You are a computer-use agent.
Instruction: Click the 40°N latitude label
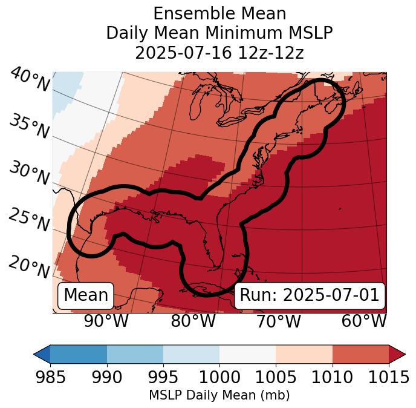point(30,80)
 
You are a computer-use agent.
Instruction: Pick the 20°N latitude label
point(29,266)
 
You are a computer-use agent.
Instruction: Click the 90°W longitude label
point(106,321)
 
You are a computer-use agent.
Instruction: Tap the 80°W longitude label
point(193,321)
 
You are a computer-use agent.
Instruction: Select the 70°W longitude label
point(278,321)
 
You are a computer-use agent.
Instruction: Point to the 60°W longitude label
point(363,321)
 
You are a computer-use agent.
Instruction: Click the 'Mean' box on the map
point(86,295)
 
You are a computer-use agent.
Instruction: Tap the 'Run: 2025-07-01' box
point(310,295)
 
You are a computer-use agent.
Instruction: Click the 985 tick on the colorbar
point(50,377)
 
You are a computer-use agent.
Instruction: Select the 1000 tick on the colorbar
point(219,377)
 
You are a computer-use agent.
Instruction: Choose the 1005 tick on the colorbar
point(276,377)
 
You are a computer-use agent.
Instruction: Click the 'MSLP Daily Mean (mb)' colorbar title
point(219,395)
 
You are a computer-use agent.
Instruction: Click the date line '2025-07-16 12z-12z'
point(219,53)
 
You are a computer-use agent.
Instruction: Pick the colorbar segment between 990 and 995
point(135,354)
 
